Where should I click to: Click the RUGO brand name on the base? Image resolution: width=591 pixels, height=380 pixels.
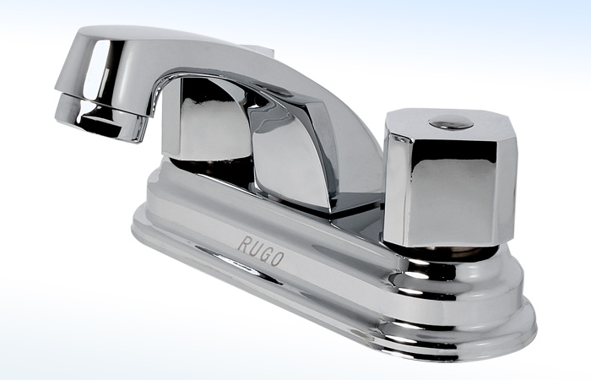pos(261,251)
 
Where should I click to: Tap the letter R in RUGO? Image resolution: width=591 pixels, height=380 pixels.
pos(243,244)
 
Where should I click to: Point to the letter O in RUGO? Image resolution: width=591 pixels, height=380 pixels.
pos(278,259)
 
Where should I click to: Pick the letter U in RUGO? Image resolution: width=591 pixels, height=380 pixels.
pos(254,249)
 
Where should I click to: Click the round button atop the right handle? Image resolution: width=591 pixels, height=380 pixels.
pos(451,122)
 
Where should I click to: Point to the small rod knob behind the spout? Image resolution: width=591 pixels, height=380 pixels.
pos(258,50)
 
